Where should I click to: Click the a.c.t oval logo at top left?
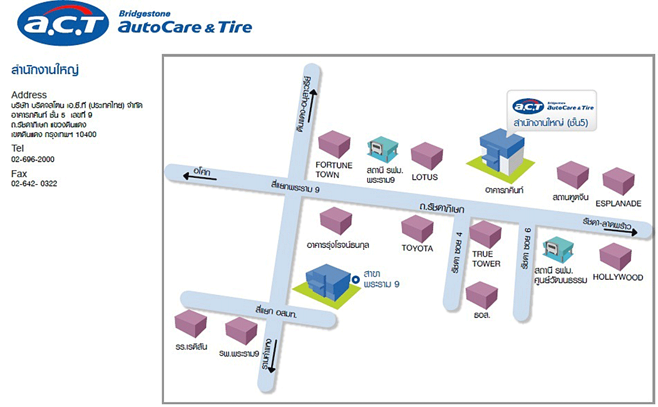click(64, 24)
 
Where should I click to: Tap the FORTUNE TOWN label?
click(334, 170)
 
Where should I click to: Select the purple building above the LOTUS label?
click(426, 155)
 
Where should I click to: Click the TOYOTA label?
click(417, 248)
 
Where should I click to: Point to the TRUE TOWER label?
click(486, 259)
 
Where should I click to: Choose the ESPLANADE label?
click(619, 203)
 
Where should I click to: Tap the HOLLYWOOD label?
click(617, 277)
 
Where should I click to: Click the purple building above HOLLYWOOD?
click(616, 255)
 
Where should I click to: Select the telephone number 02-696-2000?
click(33, 160)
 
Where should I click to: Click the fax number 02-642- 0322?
click(34, 183)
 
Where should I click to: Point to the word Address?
click(29, 95)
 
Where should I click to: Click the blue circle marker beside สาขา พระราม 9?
click(355, 280)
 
